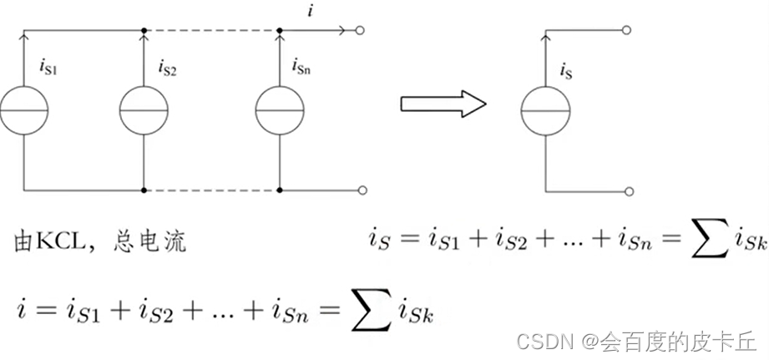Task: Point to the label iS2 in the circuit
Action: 166,66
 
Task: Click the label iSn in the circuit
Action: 302,64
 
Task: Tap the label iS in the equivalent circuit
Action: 565,75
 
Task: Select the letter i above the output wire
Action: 311,12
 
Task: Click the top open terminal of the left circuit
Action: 361,32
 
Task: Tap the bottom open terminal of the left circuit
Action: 361,190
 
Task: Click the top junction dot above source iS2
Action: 144,31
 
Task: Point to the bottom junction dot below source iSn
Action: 279,190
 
